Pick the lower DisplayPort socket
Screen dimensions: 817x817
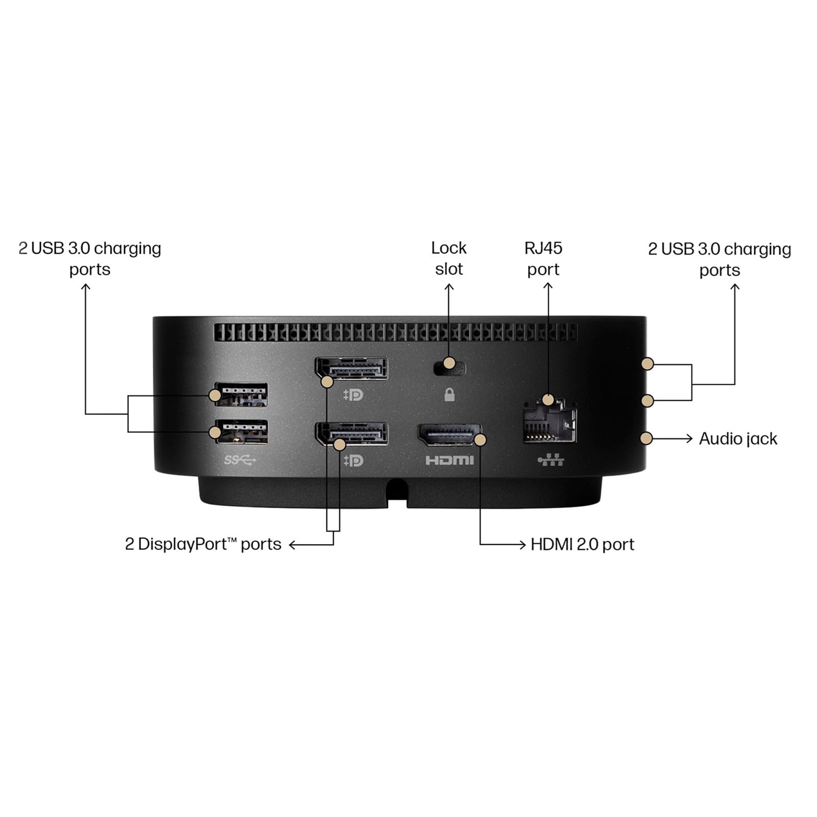351,434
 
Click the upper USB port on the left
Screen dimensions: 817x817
242,394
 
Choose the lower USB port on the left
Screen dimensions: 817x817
242,432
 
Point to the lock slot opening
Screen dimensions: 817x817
449,368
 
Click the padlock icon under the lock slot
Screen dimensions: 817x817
449,394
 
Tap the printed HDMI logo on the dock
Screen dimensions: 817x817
449,460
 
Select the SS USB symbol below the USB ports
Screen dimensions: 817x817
240,460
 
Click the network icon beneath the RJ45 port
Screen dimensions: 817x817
551,460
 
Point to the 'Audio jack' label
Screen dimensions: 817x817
738,439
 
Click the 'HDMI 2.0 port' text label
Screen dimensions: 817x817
582,544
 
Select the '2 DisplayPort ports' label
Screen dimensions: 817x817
203,544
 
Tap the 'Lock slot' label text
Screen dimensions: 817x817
449,258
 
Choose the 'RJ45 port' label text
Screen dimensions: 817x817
543,258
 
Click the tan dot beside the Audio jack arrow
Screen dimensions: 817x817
646,438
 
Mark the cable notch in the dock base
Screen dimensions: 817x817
397,492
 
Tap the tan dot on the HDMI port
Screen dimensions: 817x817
480,439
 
